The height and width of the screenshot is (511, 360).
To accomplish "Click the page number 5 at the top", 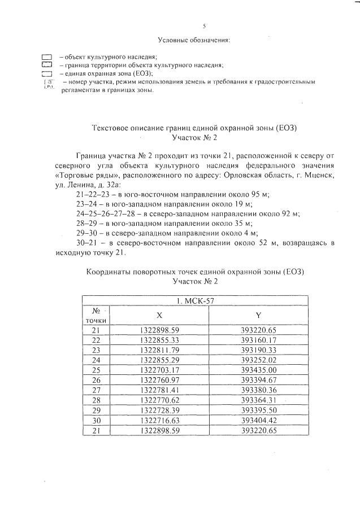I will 204,27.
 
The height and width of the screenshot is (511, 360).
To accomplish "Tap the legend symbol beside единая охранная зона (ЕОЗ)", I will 46,74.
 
